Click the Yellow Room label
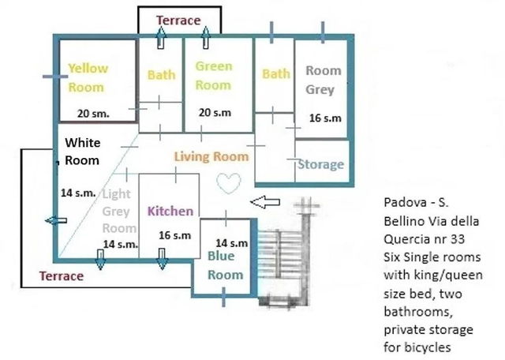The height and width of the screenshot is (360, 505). pyautogui.click(x=88, y=77)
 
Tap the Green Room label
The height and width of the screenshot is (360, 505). pyautogui.click(x=214, y=76)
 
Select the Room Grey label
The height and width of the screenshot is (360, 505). pyautogui.click(x=323, y=80)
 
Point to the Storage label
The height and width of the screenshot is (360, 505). pyautogui.click(x=321, y=164)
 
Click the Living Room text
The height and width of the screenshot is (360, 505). pyautogui.click(x=211, y=156)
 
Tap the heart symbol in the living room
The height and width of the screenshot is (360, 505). pyautogui.click(x=229, y=183)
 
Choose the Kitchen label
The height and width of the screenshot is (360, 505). pyautogui.click(x=170, y=211)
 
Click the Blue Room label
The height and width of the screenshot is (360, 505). pyautogui.click(x=225, y=265)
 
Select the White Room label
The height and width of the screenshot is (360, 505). pyautogui.click(x=82, y=152)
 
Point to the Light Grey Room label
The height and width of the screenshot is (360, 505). pyautogui.click(x=119, y=211)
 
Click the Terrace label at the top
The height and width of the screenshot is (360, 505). pyautogui.click(x=179, y=21)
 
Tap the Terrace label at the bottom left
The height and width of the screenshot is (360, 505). pyautogui.click(x=62, y=276)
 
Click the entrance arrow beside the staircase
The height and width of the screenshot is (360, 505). pyautogui.click(x=265, y=202)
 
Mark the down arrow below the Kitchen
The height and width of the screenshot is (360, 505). pyautogui.click(x=162, y=259)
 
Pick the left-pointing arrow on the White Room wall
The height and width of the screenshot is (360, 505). pyautogui.click(x=56, y=221)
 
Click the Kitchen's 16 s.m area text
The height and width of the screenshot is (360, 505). pyautogui.click(x=175, y=235)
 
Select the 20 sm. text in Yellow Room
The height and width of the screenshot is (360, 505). pyautogui.click(x=93, y=114)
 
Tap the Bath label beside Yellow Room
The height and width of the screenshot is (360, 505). pyautogui.click(x=161, y=75)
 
